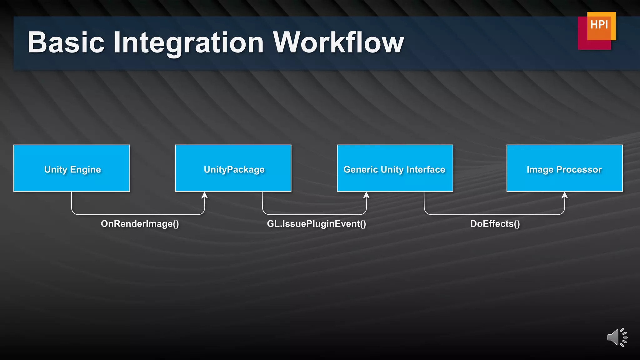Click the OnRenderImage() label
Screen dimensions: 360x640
[140, 224]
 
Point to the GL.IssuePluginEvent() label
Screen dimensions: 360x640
[316, 224]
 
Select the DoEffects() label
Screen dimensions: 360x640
[495, 224]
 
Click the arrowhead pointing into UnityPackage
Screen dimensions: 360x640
[205, 195]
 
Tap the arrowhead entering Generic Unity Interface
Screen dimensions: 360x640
[366, 195]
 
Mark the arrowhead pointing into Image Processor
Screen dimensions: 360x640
[565, 195]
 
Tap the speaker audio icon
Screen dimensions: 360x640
[617, 337]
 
